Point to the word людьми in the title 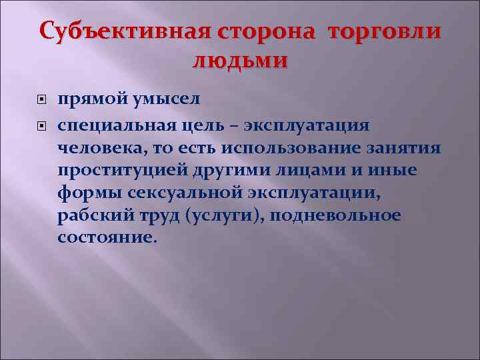point(240,61)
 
